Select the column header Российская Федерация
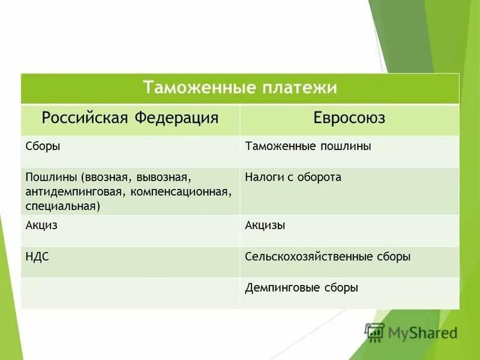coord(130,118)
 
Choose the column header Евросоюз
coord(349,118)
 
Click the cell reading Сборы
coord(43,146)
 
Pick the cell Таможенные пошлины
coord(308,146)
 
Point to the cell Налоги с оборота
coord(293,178)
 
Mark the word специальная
coord(62,206)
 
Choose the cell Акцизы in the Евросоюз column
coord(265,226)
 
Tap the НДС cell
coord(37,257)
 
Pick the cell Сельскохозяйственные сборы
coord(328,257)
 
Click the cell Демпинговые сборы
coord(301,288)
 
